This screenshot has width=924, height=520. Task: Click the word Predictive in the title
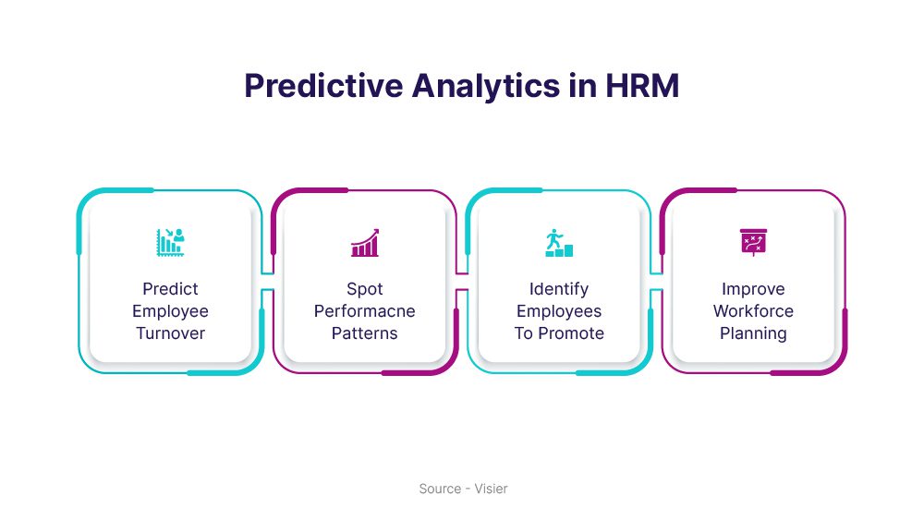[323, 85]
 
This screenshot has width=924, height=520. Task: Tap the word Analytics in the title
[486, 87]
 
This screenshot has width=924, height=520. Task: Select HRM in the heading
[642, 85]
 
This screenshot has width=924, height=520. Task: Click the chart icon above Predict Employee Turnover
[170, 243]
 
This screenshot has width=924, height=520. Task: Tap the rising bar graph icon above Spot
[365, 243]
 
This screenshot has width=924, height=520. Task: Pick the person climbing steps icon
[559, 243]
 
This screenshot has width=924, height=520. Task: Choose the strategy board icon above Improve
[753, 243]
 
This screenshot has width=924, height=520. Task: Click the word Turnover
[170, 333]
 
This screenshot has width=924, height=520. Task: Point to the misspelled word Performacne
[365, 311]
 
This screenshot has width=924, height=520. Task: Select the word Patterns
[365, 333]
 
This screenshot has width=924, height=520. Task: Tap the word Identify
[559, 289]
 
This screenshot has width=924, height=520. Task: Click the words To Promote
[559, 333]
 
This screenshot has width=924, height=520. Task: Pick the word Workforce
[753, 311]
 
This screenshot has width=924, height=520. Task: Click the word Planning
[753, 334]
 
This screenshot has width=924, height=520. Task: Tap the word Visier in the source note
[491, 489]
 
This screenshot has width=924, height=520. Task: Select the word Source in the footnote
[440, 489]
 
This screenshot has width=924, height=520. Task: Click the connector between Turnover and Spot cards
[267, 282]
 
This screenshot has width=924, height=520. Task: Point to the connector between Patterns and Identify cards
[461, 282]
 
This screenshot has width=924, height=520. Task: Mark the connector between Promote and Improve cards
[656, 282]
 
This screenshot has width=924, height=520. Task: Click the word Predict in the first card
[170, 288]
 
